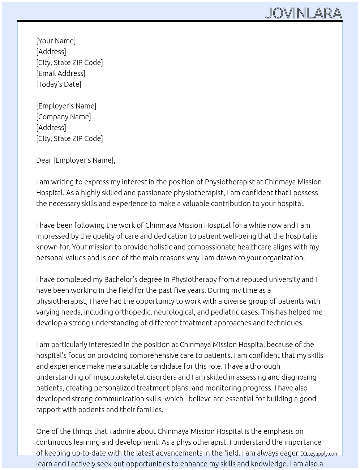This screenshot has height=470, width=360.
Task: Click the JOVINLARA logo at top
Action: pyautogui.click(x=303, y=13)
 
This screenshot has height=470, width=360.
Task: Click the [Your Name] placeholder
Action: pyautogui.click(x=56, y=41)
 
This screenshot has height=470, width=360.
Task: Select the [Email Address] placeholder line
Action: pyautogui.click(x=61, y=73)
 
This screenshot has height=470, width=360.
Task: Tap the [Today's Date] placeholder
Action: pyautogui.click(x=59, y=84)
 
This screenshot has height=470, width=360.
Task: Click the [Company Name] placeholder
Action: pyautogui.click(x=63, y=117)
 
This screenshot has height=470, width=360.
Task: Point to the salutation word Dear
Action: pyautogui.click(x=44, y=160)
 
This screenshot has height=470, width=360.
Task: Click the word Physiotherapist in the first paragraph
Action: pyautogui.click(x=230, y=182)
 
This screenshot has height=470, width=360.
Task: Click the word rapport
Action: pyautogui.click(x=48, y=410)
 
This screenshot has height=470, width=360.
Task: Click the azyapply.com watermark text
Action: pyautogui.click(x=322, y=454)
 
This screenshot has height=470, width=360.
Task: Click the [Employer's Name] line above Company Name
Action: pyautogui.click(x=66, y=106)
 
